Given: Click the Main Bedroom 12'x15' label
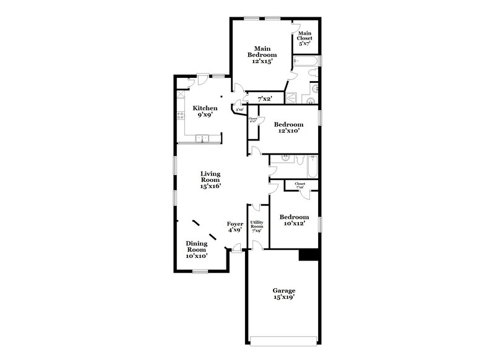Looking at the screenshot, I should tap(262, 54).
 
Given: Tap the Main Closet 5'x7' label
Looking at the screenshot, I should tap(306, 38).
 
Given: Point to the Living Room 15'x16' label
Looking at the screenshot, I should tap(210, 180).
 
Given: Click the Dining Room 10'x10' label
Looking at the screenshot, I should tap(196, 249).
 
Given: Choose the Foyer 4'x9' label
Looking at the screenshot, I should tap(235, 227).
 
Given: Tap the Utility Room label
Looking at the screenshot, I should tap(257, 226).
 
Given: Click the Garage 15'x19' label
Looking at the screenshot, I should tap(284, 294).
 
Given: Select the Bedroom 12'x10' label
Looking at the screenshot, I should tap(288, 127).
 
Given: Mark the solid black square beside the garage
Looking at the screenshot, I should tap(308, 255).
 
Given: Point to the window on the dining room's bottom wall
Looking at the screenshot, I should tap(199, 271).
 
